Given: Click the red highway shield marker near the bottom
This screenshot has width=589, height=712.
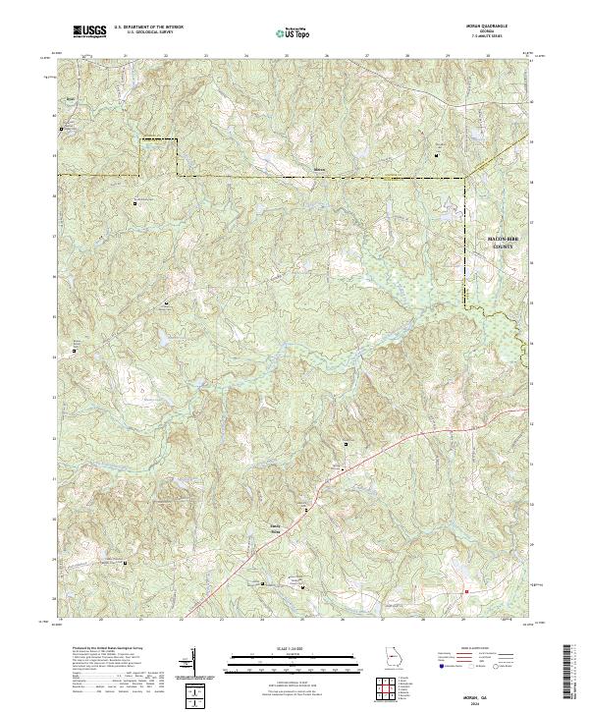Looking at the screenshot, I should [467, 591].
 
